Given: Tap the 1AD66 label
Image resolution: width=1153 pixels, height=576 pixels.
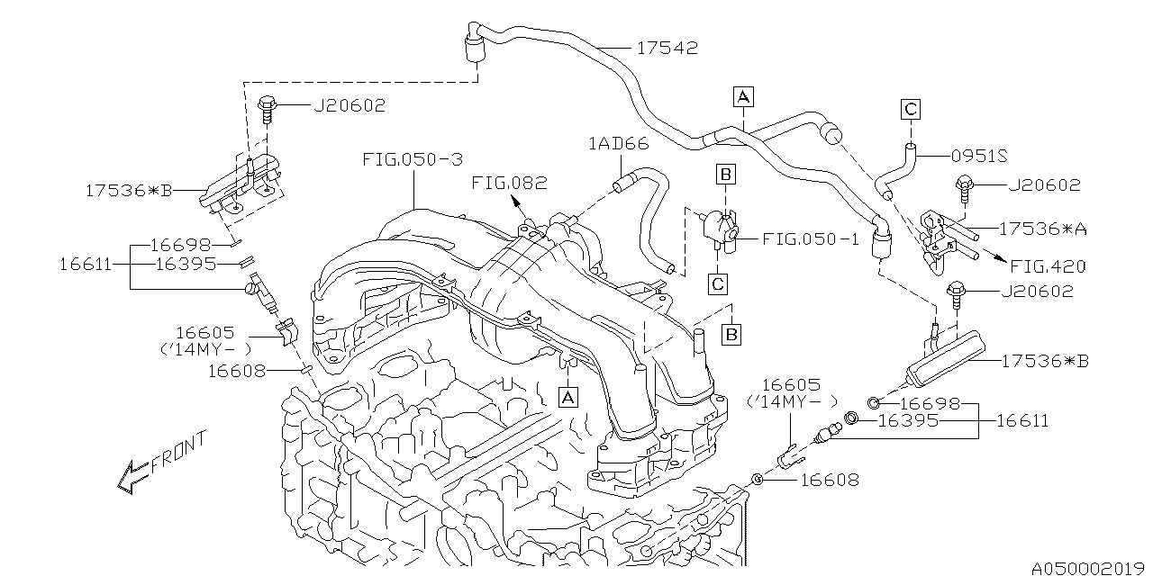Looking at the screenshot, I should pyautogui.click(x=619, y=143).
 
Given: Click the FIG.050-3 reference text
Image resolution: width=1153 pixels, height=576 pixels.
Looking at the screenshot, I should pyautogui.click(x=413, y=159).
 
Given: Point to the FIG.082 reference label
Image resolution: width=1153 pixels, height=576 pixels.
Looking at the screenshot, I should pyautogui.click(x=510, y=183).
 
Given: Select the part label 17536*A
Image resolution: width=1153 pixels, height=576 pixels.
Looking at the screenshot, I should pyautogui.click(x=1042, y=229).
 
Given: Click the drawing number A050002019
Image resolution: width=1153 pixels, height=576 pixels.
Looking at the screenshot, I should pyautogui.click(x=1089, y=568).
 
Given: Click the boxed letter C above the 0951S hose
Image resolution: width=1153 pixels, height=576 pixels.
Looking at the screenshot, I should pyautogui.click(x=910, y=110).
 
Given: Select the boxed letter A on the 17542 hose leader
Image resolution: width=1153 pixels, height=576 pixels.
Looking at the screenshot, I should pyautogui.click(x=742, y=95).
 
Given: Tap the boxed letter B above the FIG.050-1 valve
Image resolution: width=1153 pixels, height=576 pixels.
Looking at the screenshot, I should pyautogui.click(x=725, y=172).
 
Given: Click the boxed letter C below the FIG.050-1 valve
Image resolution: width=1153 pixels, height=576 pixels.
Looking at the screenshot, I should pyautogui.click(x=717, y=283).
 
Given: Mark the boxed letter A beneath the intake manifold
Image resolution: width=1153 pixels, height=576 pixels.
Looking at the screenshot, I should pyautogui.click(x=567, y=395).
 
